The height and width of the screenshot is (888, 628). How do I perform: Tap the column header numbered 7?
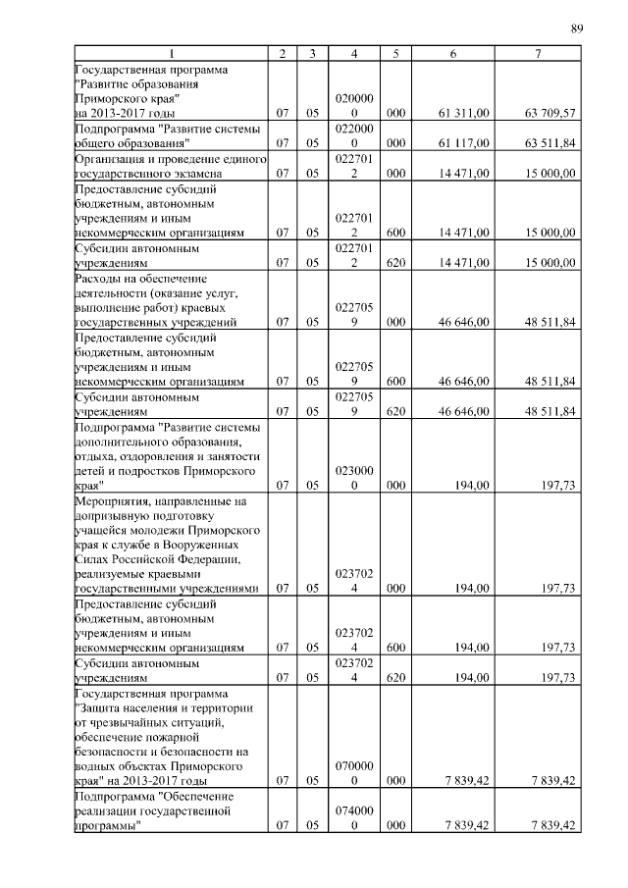(x=538, y=53)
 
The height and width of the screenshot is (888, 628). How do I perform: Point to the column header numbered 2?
(x=282, y=53)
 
